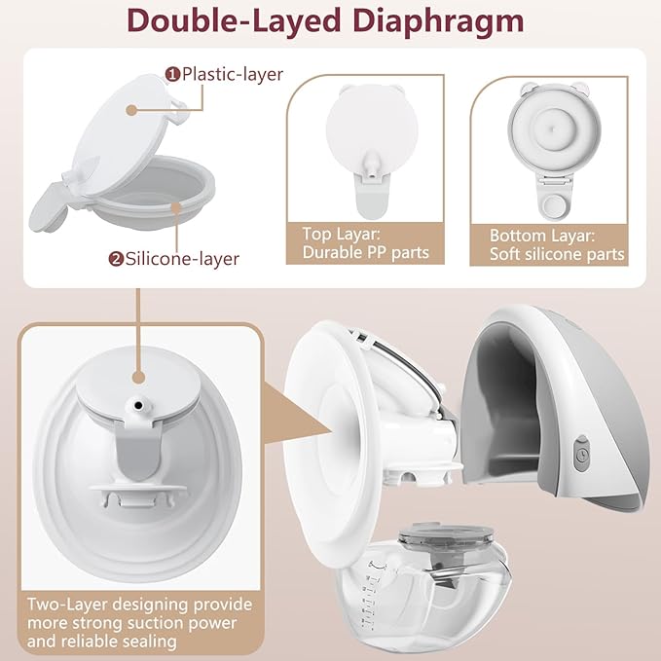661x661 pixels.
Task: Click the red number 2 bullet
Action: (x=116, y=258)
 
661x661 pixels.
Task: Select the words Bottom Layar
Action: (x=542, y=236)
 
